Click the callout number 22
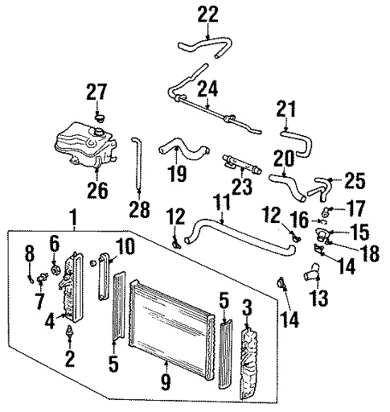(x=208, y=14)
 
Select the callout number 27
(x=96, y=93)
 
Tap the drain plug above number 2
(x=71, y=332)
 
